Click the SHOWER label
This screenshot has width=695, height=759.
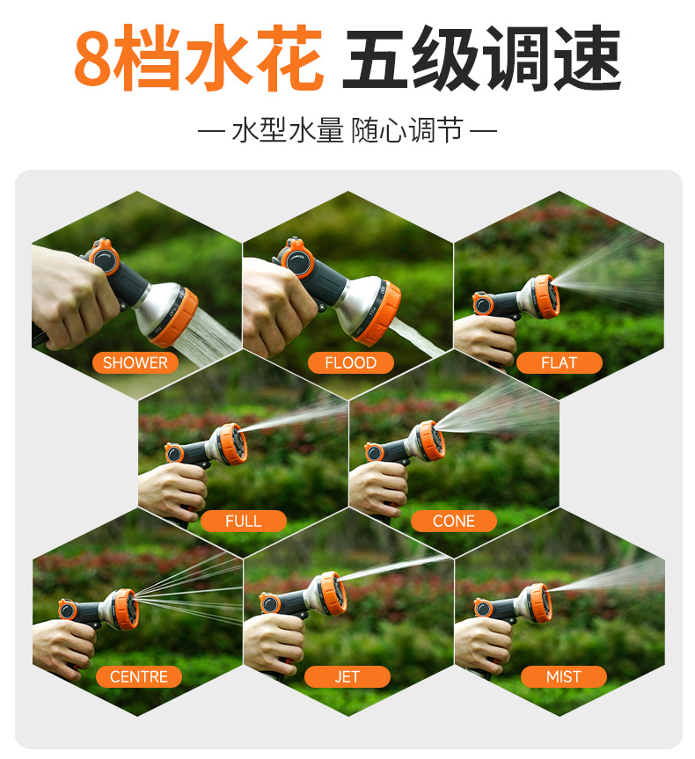pyautogui.click(x=135, y=362)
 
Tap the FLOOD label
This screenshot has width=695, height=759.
pyautogui.click(x=351, y=362)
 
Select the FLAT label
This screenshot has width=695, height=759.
pyautogui.click(x=559, y=362)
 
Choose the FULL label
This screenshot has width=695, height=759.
pyautogui.click(x=243, y=521)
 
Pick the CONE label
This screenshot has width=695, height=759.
pyautogui.click(x=454, y=521)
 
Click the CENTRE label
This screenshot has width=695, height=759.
pyautogui.click(x=139, y=676)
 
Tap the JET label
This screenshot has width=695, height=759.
pyautogui.click(x=347, y=676)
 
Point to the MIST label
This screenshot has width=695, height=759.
pyautogui.click(x=564, y=676)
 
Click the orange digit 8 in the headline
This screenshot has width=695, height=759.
pyautogui.click(x=92, y=58)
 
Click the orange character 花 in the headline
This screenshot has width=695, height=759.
pyautogui.click(x=289, y=57)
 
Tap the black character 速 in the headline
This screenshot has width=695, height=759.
pyautogui.click(x=587, y=57)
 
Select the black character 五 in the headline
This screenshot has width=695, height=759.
pyautogui.click(x=376, y=58)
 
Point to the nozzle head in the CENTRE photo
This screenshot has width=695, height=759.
pyautogui.click(x=126, y=609)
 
